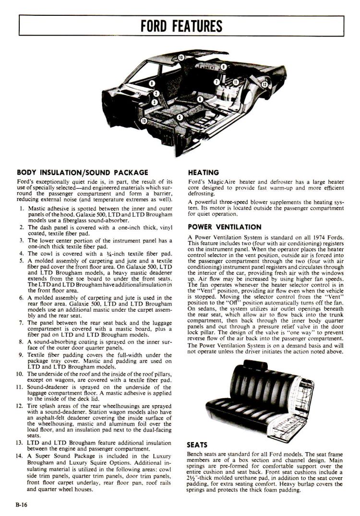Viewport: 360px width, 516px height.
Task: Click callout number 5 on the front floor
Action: pos(180,117)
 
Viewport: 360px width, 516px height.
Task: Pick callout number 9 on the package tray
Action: pos(224,67)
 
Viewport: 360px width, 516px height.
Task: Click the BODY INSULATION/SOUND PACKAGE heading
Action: pos(82,172)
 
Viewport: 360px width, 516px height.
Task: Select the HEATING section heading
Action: pos(204,172)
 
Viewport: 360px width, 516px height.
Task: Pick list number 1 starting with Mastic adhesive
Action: pos(22,209)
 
